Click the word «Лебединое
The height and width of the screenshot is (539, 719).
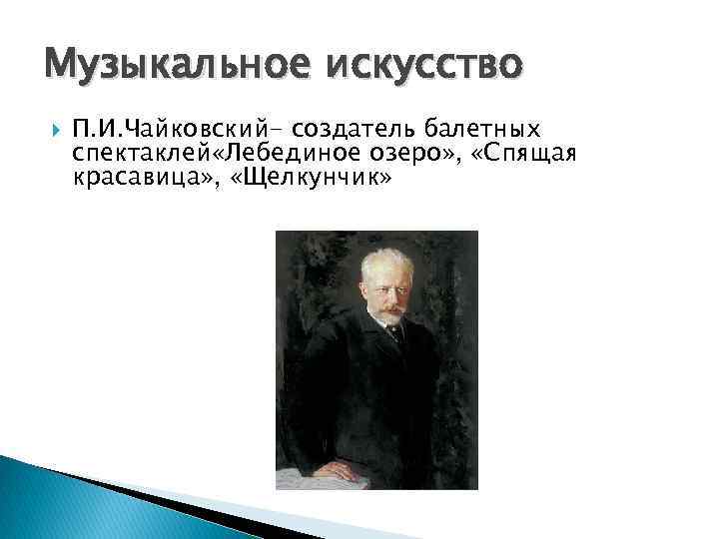tap(294, 154)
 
